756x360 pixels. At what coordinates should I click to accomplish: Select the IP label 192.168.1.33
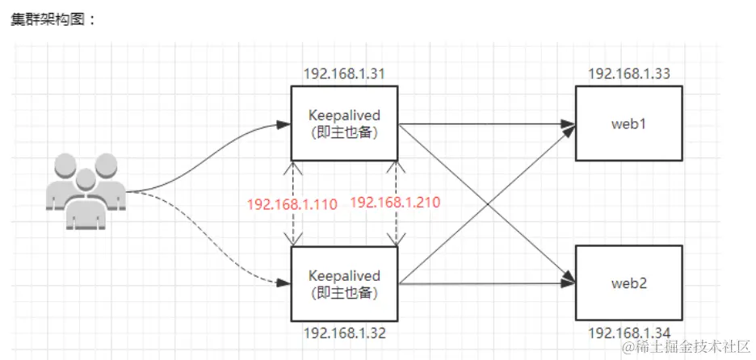tap(629, 74)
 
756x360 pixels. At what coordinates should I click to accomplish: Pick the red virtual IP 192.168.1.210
tap(395, 203)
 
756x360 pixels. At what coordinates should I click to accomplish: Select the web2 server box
tap(628, 283)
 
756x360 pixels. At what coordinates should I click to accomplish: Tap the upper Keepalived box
tap(345, 123)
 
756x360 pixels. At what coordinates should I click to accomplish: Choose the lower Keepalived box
tap(345, 283)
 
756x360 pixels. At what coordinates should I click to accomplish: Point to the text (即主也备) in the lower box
tap(345, 291)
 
